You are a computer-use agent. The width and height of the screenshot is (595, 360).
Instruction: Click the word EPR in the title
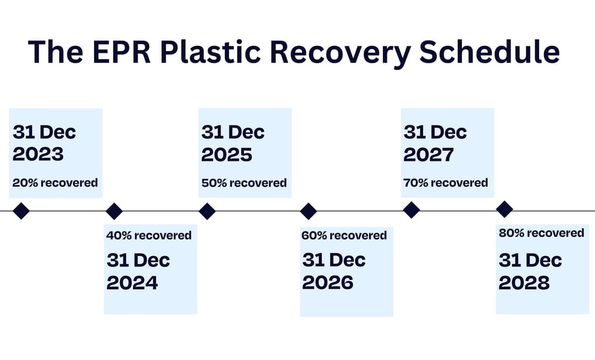click(121, 51)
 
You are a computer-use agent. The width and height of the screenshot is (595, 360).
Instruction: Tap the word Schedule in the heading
click(489, 51)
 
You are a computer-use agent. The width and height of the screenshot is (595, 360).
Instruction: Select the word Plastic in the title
click(210, 51)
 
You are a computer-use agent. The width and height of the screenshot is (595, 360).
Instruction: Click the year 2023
click(38, 154)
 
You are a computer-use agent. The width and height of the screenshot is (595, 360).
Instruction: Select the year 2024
click(132, 283)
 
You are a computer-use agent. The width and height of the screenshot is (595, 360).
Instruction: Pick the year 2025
click(227, 154)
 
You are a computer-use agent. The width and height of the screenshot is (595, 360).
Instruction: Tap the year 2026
click(328, 283)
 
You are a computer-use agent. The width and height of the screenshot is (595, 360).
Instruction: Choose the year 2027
click(429, 154)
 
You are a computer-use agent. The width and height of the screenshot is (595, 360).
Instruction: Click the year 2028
click(524, 283)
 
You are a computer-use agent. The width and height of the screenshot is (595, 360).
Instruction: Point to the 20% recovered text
click(55, 183)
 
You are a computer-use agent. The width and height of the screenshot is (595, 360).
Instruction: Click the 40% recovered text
click(149, 236)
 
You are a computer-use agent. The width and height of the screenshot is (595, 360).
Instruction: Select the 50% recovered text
click(244, 183)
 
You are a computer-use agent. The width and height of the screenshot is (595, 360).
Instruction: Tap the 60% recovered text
click(344, 236)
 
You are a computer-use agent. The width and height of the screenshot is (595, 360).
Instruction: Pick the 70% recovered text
click(446, 183)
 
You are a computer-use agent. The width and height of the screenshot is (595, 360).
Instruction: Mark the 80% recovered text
click(542, 233)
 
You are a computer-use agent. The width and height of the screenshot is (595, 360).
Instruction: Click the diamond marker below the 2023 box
click(21, 211)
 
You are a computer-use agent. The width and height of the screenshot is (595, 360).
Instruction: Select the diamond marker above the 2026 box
click(309, 211)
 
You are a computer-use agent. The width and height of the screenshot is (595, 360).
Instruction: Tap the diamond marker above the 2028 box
click(505, 209)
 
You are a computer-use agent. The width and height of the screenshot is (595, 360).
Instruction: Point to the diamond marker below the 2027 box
click(411, 210)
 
